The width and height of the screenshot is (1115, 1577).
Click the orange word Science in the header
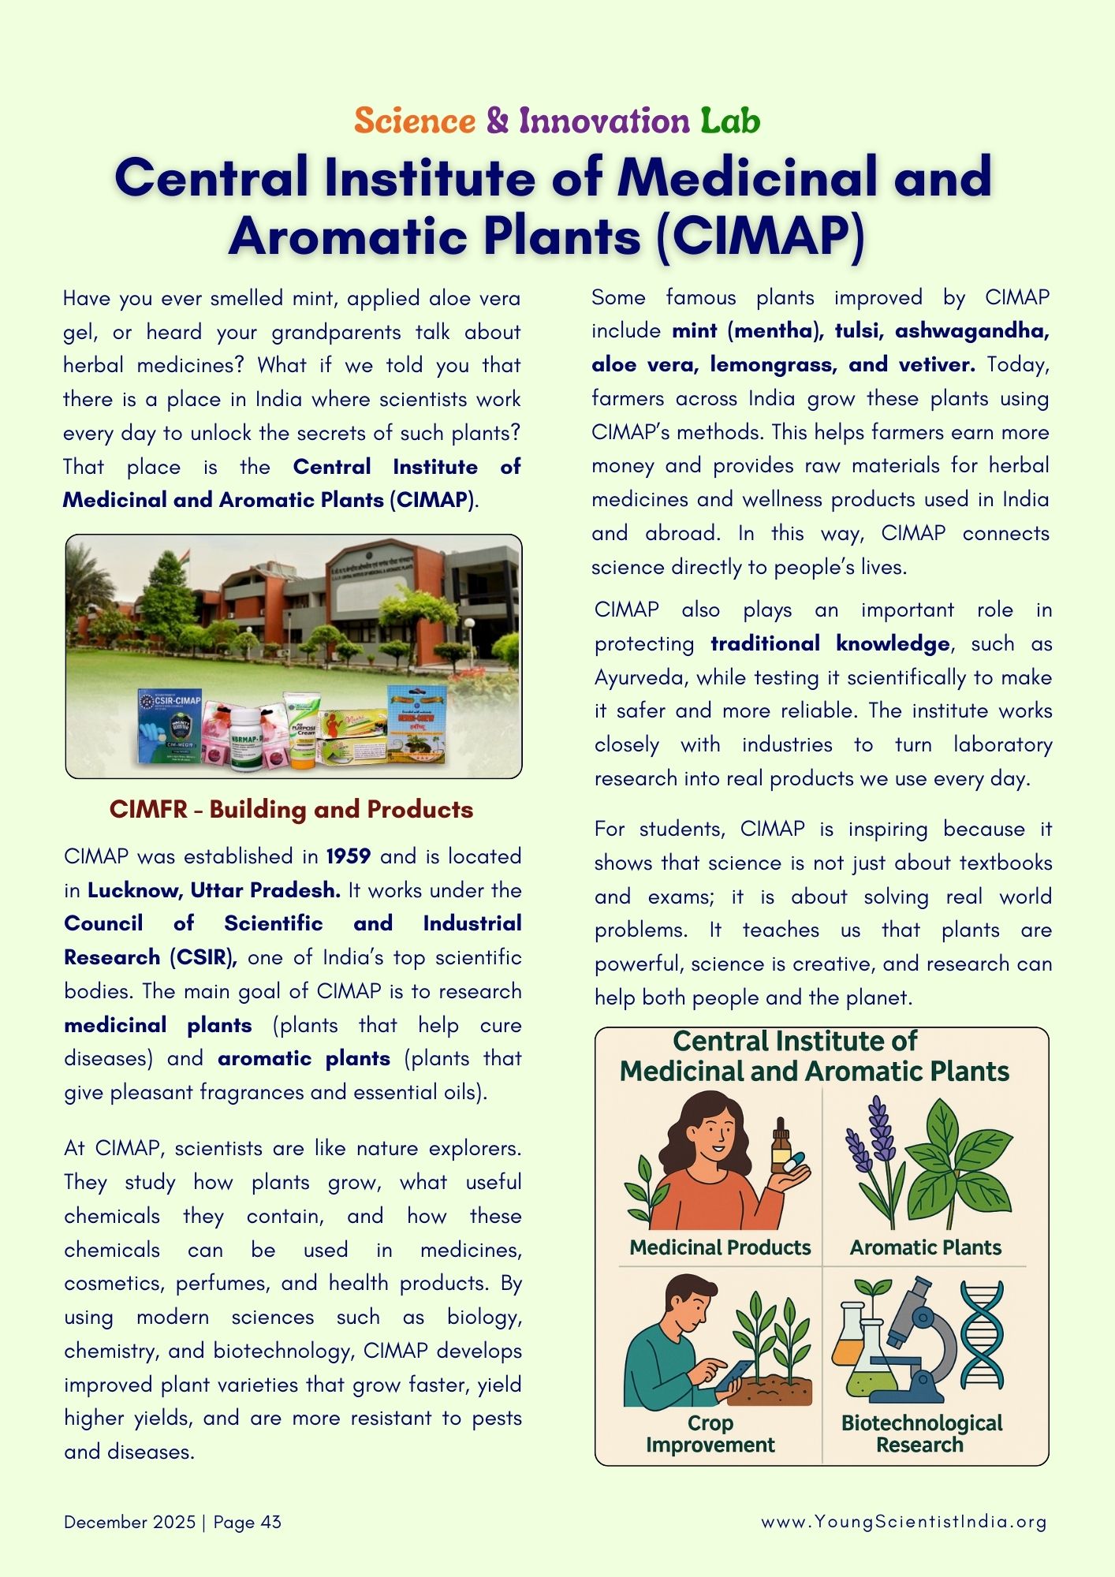(415, 121)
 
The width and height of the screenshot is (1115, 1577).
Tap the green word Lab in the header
(730, 121)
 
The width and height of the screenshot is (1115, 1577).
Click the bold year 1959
(349, 856)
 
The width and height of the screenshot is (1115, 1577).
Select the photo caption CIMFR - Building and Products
(291, 810)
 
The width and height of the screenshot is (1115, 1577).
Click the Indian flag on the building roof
(185, 558)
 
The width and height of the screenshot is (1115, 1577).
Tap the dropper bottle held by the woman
(781, 1146)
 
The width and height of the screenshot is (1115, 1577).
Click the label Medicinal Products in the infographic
(720, 1247)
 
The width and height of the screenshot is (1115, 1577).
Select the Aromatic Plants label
(925, 1247)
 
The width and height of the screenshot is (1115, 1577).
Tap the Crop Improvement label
(710, 1433)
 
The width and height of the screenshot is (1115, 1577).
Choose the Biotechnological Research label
(921, 1433)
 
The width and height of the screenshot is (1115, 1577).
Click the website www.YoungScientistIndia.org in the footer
(904, 1522)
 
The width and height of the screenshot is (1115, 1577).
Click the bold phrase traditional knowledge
(830, 643)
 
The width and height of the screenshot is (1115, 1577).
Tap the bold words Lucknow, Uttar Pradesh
(214, 890)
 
